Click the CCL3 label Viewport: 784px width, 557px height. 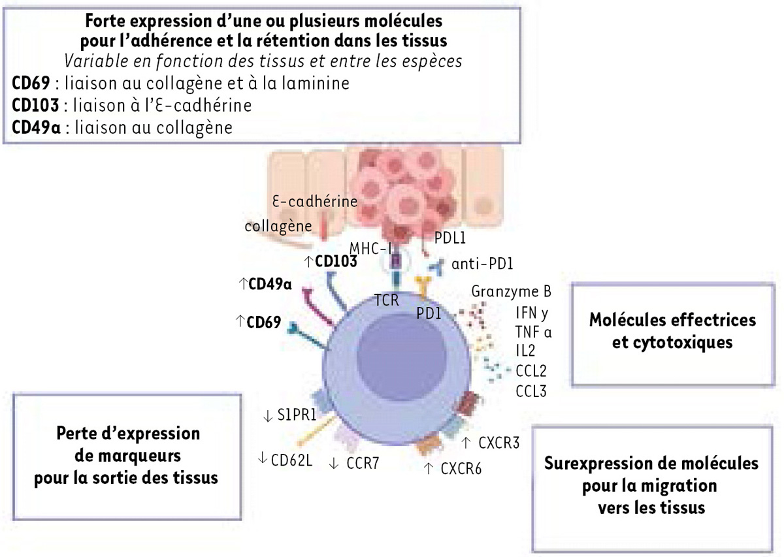531,391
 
